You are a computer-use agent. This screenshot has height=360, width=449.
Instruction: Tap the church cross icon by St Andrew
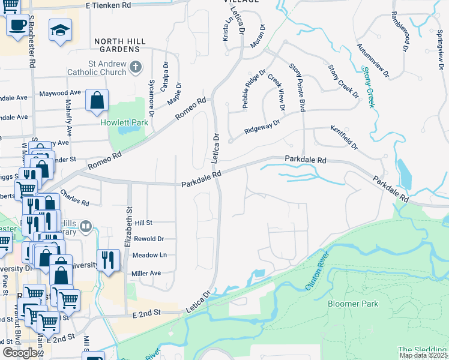pos(136,67)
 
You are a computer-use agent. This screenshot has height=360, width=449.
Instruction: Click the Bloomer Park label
pos(353,304)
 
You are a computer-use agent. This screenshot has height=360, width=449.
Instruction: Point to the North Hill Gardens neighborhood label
pos(121,41)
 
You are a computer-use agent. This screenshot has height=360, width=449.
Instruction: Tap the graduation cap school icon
pos(60,29)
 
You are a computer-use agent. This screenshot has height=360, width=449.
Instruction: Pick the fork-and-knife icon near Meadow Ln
pos(107,259)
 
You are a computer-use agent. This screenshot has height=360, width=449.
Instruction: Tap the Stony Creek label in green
pos(369,88)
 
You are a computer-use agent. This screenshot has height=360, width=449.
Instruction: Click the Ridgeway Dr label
pos(262,127)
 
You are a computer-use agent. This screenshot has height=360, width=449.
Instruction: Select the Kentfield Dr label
pos(343,137)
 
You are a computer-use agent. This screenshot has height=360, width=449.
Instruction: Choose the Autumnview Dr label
pos(373,61)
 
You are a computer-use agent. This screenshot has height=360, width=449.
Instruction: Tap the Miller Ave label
pos(146,273)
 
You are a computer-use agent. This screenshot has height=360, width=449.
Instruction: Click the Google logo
pos(20,353)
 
